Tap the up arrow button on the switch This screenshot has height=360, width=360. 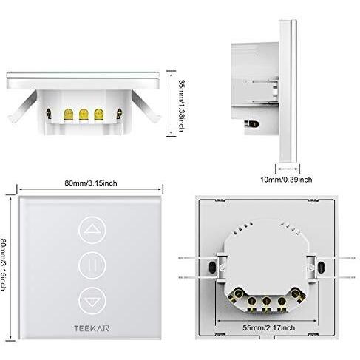click(x=92, y=230)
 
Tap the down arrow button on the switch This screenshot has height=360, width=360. click(x=92, y=301)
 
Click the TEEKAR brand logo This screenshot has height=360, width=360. click(x=92, y=328)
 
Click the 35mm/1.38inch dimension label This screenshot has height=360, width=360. click(x=182, y=105)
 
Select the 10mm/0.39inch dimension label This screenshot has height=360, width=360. click(x=286, y=180)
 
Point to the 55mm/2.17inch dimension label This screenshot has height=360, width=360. click(x=269, y=327)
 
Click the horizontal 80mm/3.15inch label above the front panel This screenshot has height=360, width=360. click(x=91, y=183)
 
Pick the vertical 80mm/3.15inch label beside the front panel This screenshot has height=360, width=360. click(x=3, y=264)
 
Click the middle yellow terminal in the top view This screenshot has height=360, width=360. click(x=84, y=114)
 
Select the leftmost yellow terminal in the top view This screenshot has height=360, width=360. click(x=68, y=114)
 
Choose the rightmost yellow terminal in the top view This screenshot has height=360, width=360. click(x=98, y=114)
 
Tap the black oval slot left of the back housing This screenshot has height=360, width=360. click(x=212, y=267)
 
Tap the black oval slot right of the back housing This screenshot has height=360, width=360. click(x=321, y=267)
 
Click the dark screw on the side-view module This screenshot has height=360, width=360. click(x=252, y=124)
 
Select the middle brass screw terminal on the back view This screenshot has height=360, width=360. click(x=266, y=301)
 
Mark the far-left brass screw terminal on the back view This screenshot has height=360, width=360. click(x=237, y=294)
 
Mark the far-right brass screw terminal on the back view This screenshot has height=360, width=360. click(x=296, y=294)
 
